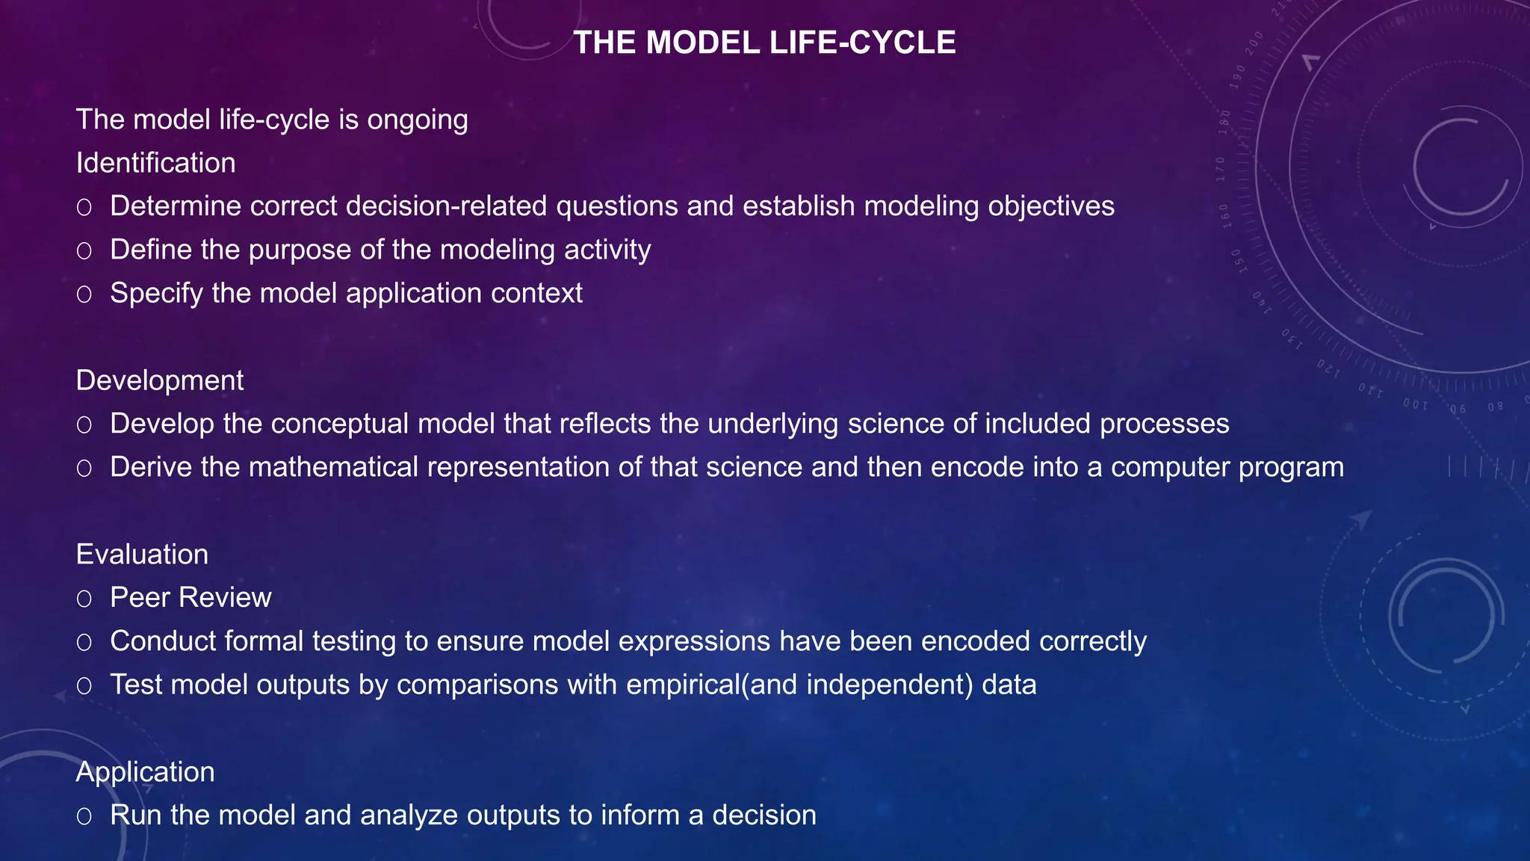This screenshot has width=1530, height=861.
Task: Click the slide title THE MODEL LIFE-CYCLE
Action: (x=764, y=43)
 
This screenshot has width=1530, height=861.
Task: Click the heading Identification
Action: (x=155, y=163)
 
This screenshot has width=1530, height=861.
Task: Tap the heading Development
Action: (x=159, y=380)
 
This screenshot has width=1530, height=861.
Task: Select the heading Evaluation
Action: (x=142, y=555)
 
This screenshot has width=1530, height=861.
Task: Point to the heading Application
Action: (x=145, y=772)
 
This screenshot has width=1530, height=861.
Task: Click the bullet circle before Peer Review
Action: (x=84, y=599)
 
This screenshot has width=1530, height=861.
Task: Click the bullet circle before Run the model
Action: (x=84, y=816)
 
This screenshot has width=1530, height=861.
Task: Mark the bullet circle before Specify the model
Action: (x=84, y=294)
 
